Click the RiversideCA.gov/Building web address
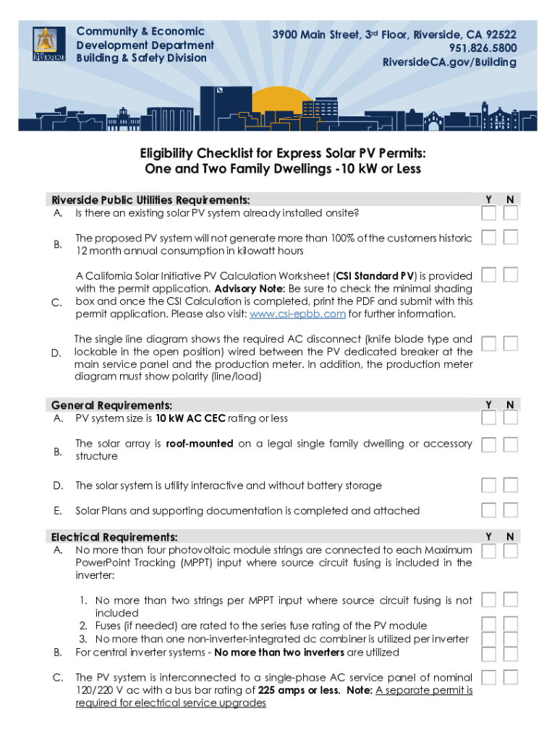coord(449,62)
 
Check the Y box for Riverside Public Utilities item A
coord(489,213)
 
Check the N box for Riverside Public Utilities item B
coord(511,238)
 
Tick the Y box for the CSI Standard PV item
coord(489,275)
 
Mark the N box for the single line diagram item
coord(511,343)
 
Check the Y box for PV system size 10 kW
coord(489,418)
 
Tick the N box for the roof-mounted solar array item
coord(511,444)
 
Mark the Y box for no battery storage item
coord(489,485)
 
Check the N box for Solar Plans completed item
coord(511,510)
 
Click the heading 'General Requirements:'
coord(111,405)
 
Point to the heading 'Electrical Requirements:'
coord(114,537)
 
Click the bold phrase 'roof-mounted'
coord(200,444)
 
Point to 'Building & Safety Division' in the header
coord(141,58)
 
